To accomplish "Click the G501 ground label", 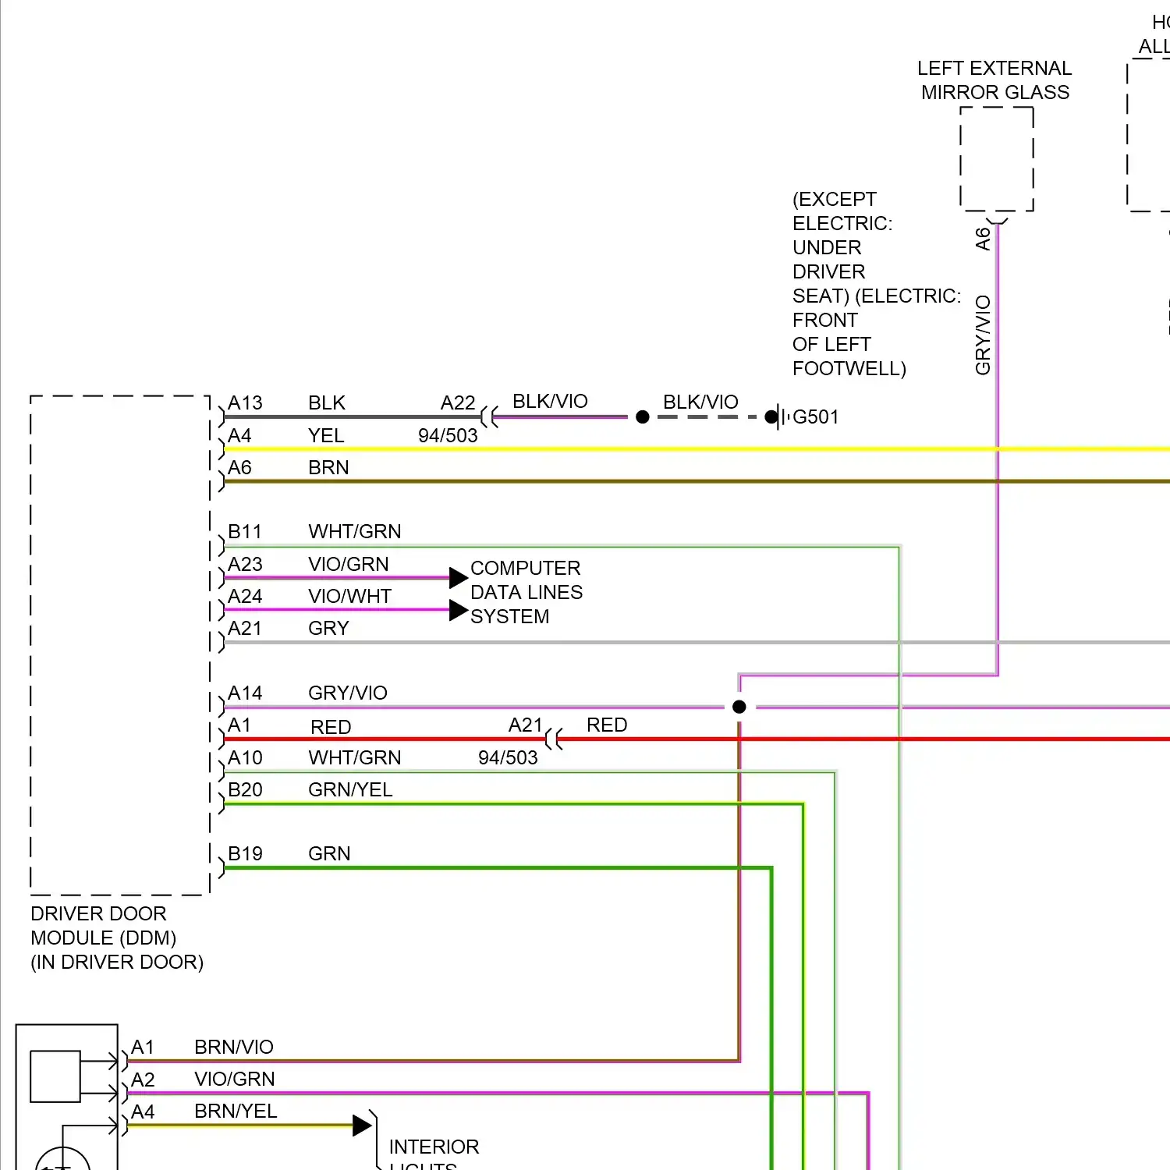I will pyautogui.click(x=815, y=417).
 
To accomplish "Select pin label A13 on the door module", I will pyautogui.click(x=245, y=403).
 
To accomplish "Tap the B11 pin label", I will pyautogui.click(x=245, y=532).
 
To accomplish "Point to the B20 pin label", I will pyautogui.click(x=245, y=790).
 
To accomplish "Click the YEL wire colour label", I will pyautogui.click(x=326, y=436).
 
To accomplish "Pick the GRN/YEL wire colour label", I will pyautogui.click(x=350, y=790).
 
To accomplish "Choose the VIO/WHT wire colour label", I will pyautogui.click(x=349, y=597).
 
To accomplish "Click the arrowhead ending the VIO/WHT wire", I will pyautogui.click(x=459, y=610).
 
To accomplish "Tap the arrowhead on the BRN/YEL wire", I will pyautogui.click(x=362, y=1126).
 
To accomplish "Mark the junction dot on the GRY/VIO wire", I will pyautogui.click(x=739, y=707).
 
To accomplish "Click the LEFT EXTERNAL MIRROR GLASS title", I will pyautogui.click(x=994, y=80).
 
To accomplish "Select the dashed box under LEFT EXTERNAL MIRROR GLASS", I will pyautogui.click(x=997, y=159).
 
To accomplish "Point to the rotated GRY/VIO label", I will pyautogui.click(x=983, y=335).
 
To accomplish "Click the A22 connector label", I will pyautogui.click(x=458, y=403).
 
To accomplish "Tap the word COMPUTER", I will pyautogui.click(x=525, y=568).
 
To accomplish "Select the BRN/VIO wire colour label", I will pyautogui.click(x=234, y=1048).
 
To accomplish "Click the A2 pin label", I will pyautogui.click(x=143, y=1080).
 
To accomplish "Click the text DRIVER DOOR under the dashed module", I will pyautogui.click(x=98, y=914).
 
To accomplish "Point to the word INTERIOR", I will pyautogui.click(x=434, y=1147).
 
